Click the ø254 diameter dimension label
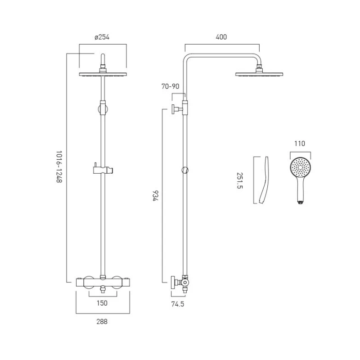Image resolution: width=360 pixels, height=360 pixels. coord(102,37)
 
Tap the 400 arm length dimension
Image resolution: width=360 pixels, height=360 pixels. coord(221,37)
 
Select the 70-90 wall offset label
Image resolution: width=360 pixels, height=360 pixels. coord(171,86)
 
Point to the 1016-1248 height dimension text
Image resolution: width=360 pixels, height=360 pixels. coord(59,166)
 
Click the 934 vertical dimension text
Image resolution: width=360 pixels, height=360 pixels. coord(155,196)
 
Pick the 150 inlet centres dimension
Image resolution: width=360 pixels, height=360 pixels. coord(102,303)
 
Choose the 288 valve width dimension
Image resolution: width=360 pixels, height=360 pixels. coord(102,321)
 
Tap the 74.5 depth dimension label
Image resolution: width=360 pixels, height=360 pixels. coord(178,304)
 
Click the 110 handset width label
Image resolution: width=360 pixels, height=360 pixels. coord(300,144)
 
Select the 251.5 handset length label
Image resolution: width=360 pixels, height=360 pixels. coord(239,180)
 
